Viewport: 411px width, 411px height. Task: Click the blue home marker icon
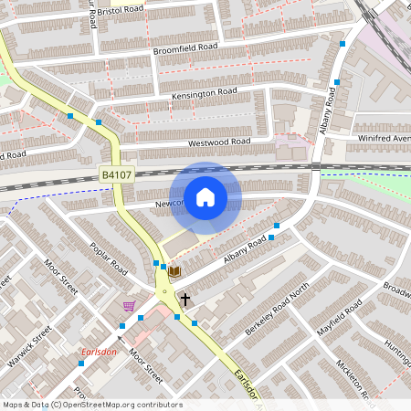(205, 196)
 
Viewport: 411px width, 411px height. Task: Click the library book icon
(174, 271)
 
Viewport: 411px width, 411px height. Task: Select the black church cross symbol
(184, 299)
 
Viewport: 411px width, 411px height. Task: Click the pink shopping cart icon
(129, 306)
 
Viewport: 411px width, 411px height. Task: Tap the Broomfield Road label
(185, 47)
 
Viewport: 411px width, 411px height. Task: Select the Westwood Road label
(219, 142)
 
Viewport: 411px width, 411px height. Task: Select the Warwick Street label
(26, 353)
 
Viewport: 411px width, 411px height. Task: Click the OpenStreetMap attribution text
(92, 405)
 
